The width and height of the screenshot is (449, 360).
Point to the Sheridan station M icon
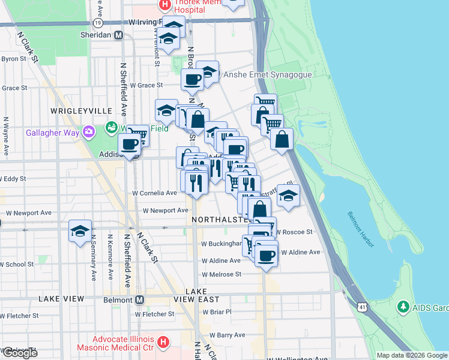119,35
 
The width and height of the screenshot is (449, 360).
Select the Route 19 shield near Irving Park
98,22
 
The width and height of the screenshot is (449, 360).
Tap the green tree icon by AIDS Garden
403,307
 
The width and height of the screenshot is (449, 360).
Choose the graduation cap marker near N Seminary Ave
79,230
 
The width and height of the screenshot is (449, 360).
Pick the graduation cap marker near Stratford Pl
288,196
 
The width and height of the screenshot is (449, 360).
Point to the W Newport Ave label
165,211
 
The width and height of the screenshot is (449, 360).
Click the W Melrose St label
221,274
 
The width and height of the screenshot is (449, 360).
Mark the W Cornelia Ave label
155,193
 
